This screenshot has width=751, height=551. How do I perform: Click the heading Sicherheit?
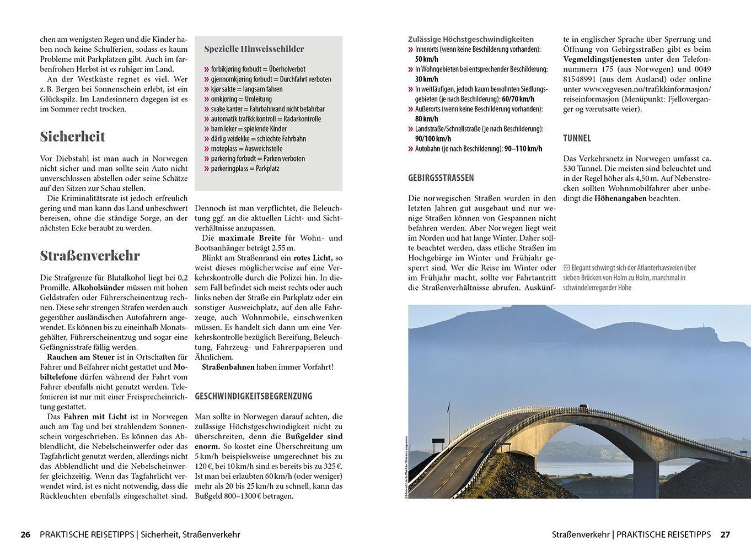click(72, 137)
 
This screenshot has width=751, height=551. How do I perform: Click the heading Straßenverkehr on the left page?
click(90, 256)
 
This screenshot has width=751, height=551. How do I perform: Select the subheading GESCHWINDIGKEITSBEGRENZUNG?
click(254, 396)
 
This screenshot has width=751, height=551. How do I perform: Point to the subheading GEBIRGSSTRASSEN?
click(441, 178)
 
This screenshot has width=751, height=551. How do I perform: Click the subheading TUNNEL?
click(577, 138)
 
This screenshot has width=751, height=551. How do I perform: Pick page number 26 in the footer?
click(25, 534)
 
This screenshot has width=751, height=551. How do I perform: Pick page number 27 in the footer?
click(725, 534)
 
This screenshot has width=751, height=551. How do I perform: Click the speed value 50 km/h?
click(426, 60)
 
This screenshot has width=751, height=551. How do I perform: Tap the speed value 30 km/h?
click(426, 79)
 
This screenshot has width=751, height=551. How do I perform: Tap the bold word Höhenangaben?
click(620, 198)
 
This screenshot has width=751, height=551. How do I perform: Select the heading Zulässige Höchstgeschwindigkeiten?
click(471, 40)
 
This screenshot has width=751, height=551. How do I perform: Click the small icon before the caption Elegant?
click(566, 268)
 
